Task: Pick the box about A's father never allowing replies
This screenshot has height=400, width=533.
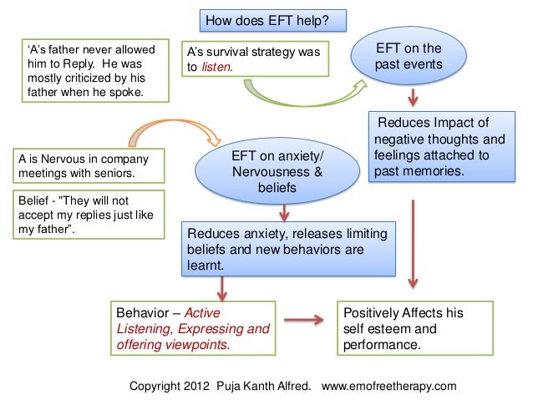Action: tap(92, 70)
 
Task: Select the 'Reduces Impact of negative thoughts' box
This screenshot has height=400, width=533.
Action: tap(440, 148)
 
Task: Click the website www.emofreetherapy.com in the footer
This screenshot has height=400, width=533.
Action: tap(388, 386)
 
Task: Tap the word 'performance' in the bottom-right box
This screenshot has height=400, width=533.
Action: tap(383, 344)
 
